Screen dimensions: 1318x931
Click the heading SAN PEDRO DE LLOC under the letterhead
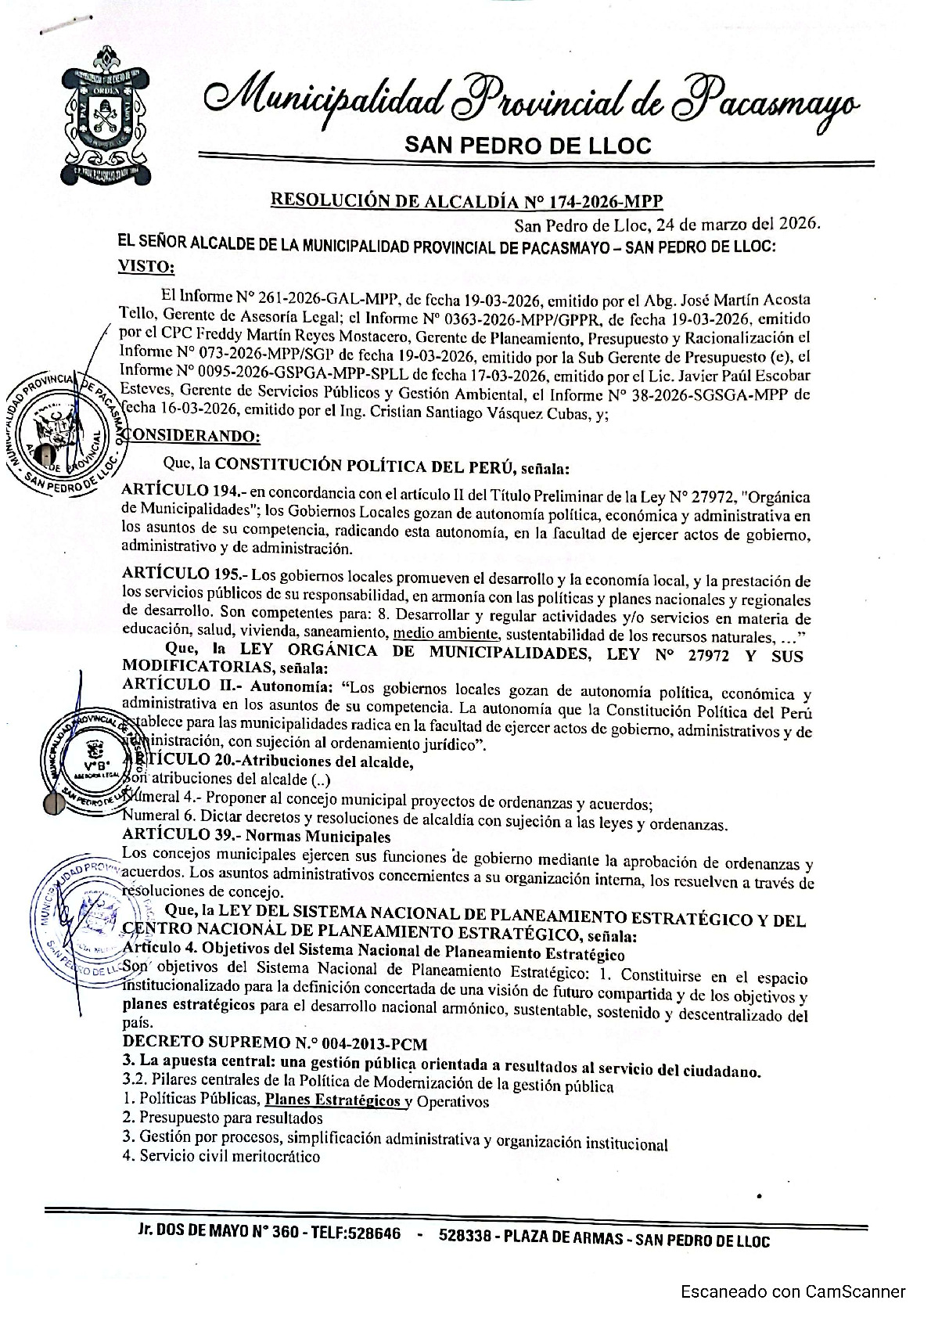527,145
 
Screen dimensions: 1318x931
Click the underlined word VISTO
146,267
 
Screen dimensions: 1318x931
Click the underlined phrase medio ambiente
445,634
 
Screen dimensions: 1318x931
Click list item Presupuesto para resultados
223,1118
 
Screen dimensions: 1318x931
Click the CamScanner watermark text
793,1291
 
